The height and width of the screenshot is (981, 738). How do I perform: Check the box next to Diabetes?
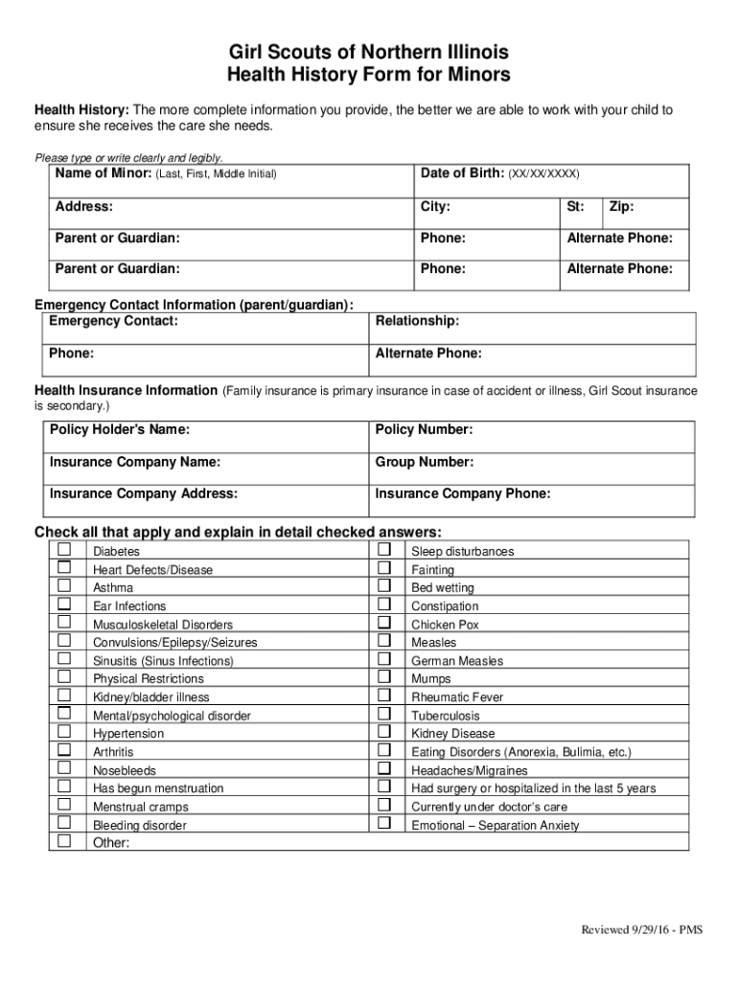point(64,550)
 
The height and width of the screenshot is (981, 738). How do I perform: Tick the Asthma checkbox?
point(64,586)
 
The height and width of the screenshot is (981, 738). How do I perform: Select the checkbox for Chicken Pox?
point(383,623)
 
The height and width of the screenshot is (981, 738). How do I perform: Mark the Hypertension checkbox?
point(64,732)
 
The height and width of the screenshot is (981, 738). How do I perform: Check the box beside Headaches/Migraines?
point(383,768)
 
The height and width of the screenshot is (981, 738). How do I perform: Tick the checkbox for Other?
point(64,841)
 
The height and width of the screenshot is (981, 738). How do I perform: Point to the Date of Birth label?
point(462,173)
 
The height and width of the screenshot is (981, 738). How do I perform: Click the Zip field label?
point(621,206)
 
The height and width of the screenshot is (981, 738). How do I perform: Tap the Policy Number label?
point(424,429)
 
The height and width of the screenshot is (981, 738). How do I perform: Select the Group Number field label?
point(424,462)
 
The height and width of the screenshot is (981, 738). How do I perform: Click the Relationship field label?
point(417,321)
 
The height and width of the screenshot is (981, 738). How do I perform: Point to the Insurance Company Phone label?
point(463,493)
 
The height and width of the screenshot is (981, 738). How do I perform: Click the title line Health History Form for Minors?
point(368,75)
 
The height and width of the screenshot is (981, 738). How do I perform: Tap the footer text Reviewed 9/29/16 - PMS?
point(641,930)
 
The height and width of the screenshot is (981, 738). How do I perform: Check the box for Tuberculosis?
point(383,714)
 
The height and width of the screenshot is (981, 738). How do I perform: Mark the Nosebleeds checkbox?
point(64,768)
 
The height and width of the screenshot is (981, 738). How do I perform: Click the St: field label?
point(575,206)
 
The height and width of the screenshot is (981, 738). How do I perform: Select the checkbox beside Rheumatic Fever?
point(383,696)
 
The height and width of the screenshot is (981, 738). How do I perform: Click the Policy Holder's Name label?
point(119,429)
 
